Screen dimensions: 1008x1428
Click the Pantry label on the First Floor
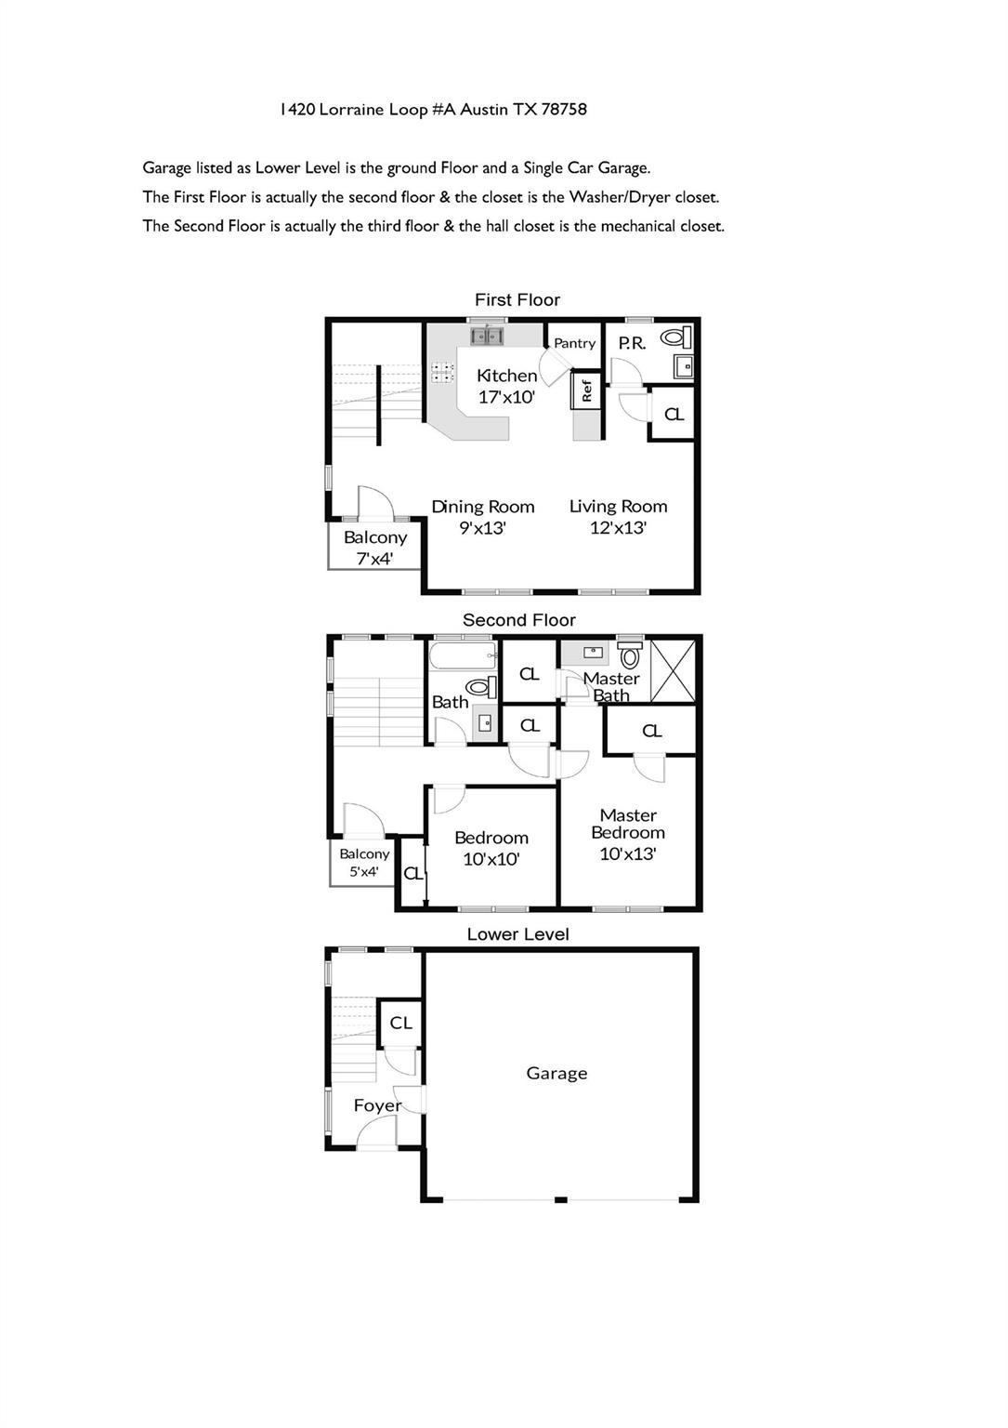point(574,343)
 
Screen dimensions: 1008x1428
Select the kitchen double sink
point(487,336)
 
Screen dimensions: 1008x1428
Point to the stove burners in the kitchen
point(442,372)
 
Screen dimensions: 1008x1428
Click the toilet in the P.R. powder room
point(676,336)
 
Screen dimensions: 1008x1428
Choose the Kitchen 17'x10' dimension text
point(506,397)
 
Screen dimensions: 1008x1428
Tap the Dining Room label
point(482,507)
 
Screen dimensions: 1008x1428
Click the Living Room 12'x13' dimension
point(618,528)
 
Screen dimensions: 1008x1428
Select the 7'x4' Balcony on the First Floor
point(374,547)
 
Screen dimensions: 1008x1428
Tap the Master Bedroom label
point(628,824)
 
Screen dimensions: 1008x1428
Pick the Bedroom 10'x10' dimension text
point(491,859)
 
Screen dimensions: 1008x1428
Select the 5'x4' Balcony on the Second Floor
point(364,863)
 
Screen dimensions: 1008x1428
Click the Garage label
point(556,1074)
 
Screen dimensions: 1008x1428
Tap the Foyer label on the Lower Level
point(377,1105)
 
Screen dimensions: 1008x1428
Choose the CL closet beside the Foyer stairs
point(400,1024)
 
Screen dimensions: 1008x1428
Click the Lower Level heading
point(517,934)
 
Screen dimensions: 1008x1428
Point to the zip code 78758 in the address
point(563,110)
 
